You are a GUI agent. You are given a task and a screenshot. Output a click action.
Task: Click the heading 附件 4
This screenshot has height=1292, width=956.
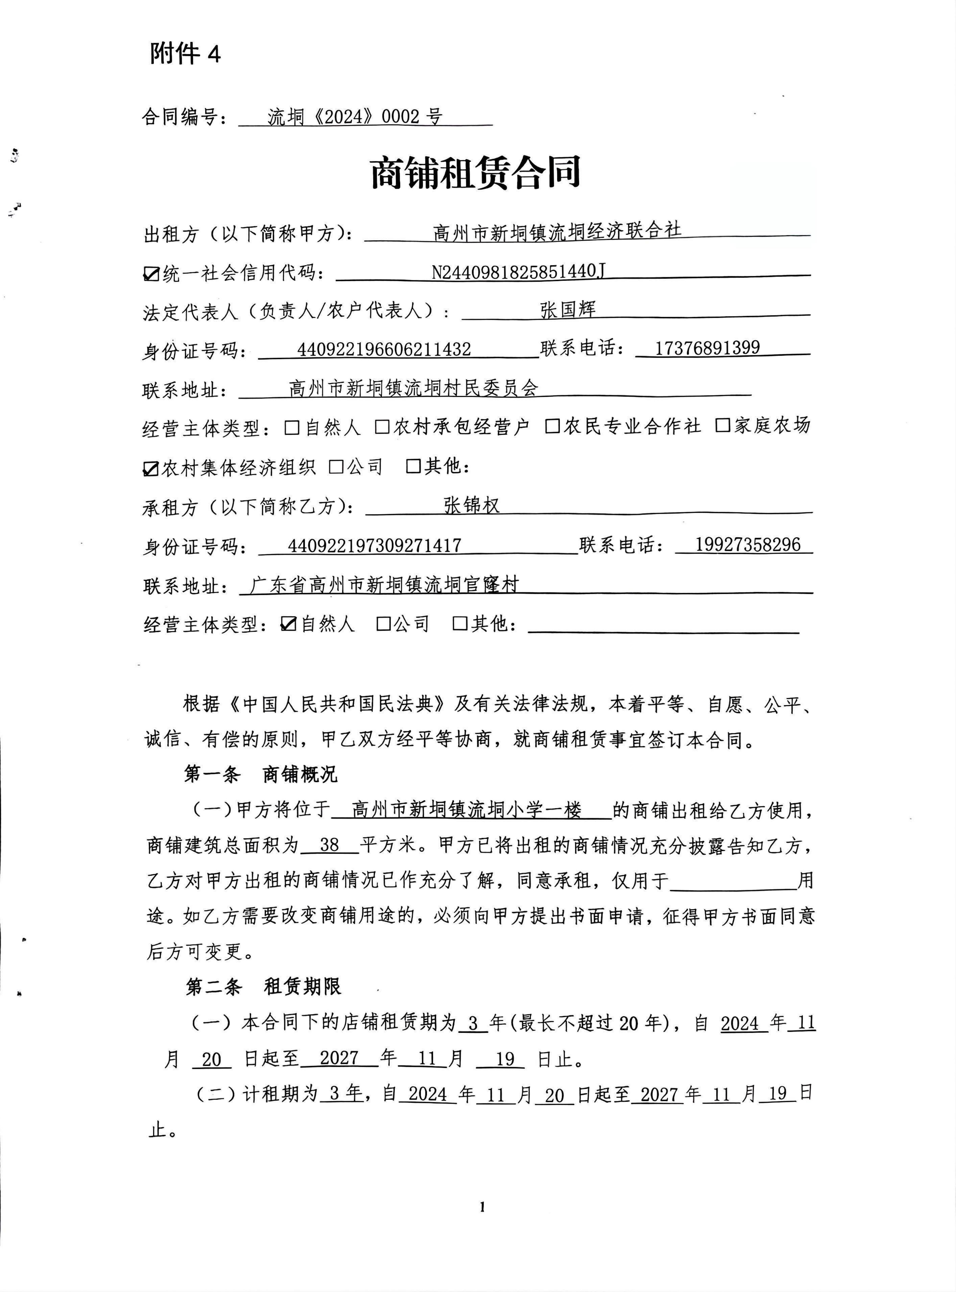[185, 54]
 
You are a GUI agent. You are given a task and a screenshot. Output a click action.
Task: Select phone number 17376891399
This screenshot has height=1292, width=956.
[707, 348]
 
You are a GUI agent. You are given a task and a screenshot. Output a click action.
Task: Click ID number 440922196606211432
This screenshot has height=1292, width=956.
[384, 349]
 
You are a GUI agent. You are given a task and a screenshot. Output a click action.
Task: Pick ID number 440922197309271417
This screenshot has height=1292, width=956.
[374, 545]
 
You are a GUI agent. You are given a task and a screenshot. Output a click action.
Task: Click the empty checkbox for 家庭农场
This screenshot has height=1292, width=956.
[722, 426]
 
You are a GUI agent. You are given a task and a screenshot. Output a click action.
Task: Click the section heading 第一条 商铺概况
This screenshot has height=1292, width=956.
[260, 774]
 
